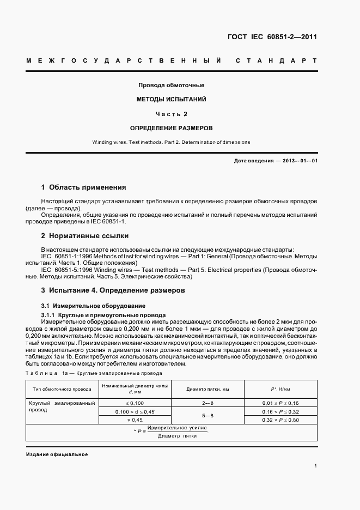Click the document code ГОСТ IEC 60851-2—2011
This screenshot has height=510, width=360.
(x=272, y=37)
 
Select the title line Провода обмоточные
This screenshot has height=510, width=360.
(x=171, y=86)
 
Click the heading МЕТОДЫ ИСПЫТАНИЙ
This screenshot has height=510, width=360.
(x=171, y=100)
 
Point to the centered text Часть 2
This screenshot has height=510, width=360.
(x=171, y=114)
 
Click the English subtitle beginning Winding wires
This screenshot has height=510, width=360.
(x=171, y=142)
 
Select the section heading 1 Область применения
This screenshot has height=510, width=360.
(x=83, y=186)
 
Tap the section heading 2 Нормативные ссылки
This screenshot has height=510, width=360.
(x=85, y=236)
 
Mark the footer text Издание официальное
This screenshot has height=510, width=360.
(x=57, y=454)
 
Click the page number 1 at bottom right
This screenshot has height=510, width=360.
(x=316, y=466)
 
